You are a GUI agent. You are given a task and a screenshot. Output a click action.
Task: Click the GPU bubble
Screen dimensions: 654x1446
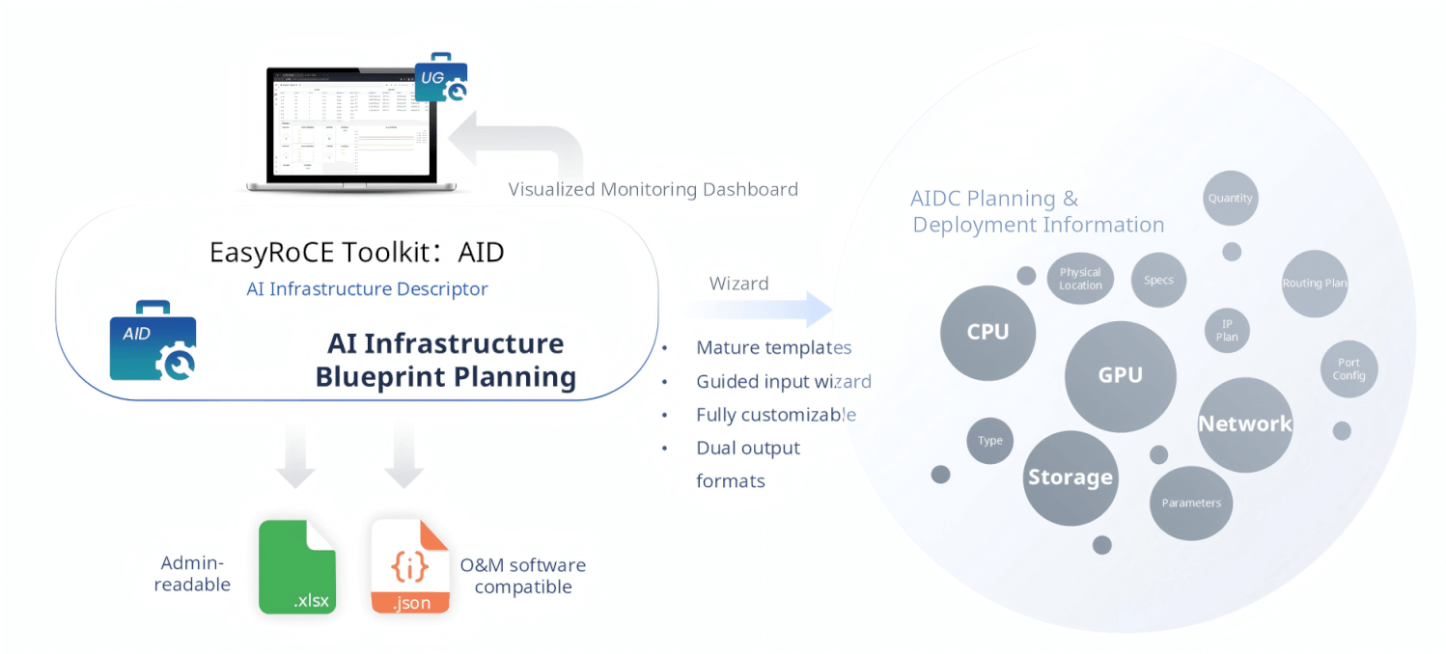point(1120,376)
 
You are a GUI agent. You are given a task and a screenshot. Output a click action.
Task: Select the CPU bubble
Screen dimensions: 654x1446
point(987,333)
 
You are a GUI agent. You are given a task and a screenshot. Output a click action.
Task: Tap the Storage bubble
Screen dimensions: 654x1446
point(1070,478)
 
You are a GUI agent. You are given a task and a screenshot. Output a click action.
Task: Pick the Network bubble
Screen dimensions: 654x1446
point(1244,424)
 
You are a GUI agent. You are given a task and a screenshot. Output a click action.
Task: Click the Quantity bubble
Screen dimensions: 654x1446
point(1230,199)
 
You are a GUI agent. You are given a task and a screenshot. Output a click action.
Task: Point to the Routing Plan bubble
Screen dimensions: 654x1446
point(1314,284)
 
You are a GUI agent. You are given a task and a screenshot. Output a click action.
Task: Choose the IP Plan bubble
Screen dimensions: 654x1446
point(1227,331)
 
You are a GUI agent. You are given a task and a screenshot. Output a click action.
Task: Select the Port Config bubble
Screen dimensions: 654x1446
point(1349,369)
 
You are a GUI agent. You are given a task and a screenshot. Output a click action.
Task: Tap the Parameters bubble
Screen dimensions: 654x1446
point(1191,504)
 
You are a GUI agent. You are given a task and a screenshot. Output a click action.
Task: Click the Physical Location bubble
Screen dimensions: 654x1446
point(1080,279)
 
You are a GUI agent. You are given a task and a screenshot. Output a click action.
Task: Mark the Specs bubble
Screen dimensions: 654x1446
point(1158,281)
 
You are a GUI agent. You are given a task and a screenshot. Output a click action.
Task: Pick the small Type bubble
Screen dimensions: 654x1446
point(989,441)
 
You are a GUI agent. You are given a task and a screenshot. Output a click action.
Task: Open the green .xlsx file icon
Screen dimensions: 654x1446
point(297,567)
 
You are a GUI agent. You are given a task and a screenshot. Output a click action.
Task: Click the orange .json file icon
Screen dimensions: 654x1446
point(410,567)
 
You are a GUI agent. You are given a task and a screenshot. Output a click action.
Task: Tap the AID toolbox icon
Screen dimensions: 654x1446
point(153,341)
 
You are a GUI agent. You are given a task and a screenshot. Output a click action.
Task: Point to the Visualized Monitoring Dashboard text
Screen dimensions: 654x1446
point(653,189)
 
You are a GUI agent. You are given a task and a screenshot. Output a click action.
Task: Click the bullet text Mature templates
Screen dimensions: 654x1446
point(773,348)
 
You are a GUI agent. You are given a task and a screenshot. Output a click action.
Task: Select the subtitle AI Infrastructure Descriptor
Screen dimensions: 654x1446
point(367,289)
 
